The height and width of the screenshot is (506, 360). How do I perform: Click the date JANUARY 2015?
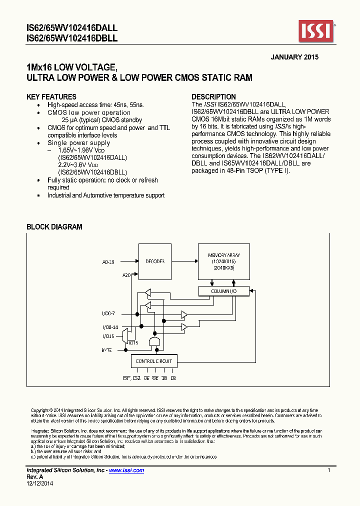294,57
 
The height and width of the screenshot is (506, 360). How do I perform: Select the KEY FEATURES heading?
51,97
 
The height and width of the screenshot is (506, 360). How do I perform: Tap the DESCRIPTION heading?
213,97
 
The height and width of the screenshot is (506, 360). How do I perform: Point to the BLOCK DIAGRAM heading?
54,227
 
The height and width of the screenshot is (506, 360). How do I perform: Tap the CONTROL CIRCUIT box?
154,361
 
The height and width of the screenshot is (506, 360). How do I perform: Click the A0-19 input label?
108,261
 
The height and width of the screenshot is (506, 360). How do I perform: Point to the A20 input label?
126,275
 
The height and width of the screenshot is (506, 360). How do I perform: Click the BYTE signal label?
106,351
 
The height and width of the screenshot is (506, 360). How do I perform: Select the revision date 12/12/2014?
39,483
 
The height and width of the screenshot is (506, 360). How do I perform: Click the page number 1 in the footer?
328,470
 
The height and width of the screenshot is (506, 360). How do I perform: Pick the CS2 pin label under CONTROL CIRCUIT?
136,378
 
